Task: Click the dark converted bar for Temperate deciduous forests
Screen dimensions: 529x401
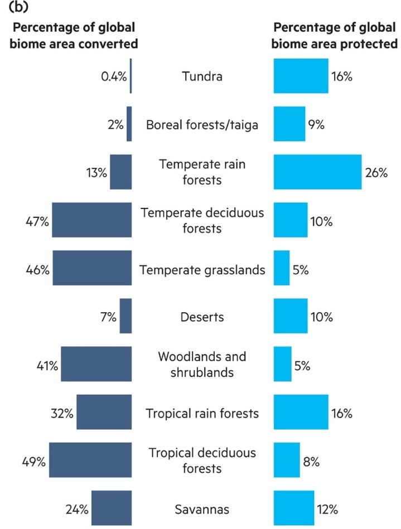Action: pos(91,220)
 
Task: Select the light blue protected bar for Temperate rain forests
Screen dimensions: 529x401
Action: pos(317,172)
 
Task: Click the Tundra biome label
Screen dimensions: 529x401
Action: pos(202,76)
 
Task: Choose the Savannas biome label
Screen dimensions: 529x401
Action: pos(202,508)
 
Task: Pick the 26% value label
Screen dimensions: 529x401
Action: pos(376,173)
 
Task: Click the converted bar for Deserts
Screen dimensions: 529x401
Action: pos(125,316)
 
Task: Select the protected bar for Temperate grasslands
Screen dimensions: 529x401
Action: pos(282,268)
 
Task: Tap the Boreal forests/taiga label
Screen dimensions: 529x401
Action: pos(202,124)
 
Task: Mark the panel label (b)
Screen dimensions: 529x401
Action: pos(16,8)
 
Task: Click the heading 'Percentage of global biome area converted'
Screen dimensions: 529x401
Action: pos(74,35)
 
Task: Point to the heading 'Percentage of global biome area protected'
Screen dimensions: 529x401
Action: pos(335,35)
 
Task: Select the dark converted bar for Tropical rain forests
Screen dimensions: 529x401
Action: pos(104,412)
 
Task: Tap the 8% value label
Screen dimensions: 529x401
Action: pos(311,460)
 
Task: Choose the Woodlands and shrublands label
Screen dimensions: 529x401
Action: pos(202,364)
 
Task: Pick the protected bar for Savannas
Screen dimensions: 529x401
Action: pos(294,508)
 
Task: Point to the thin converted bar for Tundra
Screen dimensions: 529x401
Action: pos(131,76)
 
